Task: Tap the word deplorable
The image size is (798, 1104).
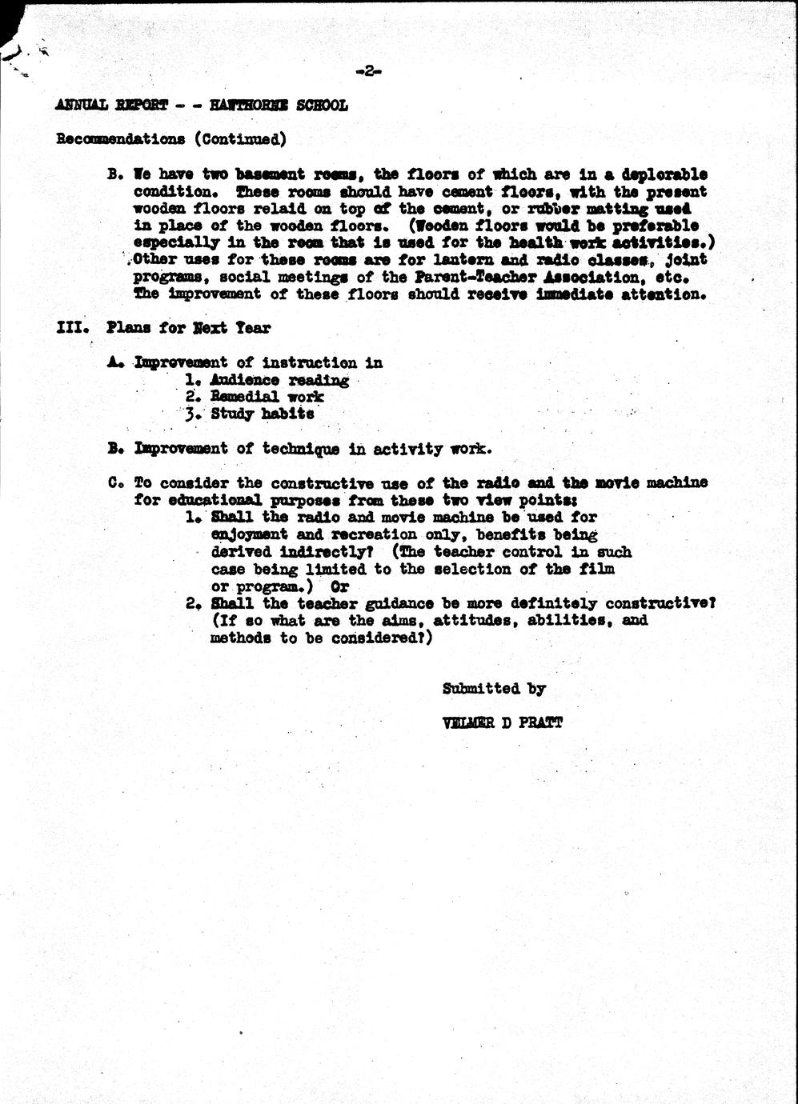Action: pos(664,174)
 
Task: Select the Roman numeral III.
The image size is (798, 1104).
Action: pos(71,328)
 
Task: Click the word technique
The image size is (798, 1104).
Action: pos(301,449)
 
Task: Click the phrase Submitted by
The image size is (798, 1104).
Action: pos(493,689)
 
